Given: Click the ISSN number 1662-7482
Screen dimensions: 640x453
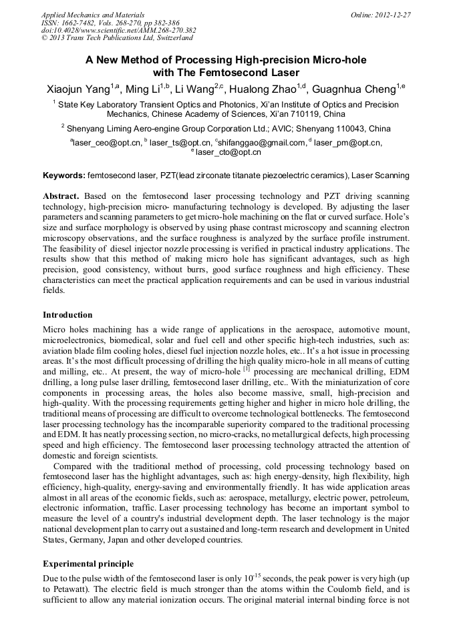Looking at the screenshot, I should (80, 22).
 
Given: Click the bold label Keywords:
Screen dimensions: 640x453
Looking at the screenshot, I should (63, 176).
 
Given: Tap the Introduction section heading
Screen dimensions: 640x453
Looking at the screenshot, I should (67, 314).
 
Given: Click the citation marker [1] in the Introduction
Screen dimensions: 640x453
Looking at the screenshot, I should (247, 368).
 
